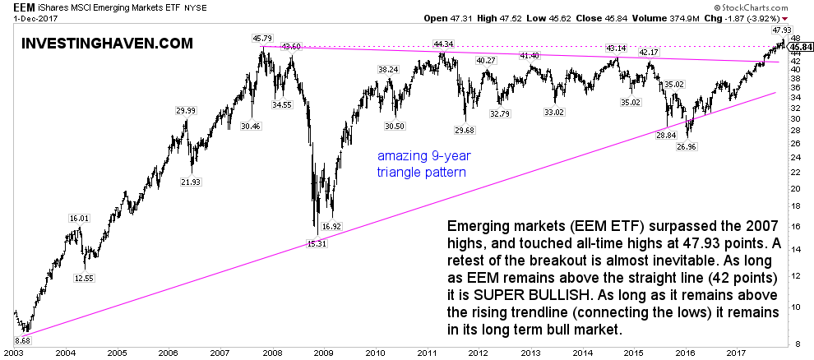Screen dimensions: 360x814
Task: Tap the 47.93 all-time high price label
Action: click(x=781, y=30)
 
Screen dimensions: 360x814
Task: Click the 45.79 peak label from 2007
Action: click(x=262, y=37)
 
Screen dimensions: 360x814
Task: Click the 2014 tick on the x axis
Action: click(x=583, y=353)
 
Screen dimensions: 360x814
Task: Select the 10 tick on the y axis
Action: click(x=795, y=306)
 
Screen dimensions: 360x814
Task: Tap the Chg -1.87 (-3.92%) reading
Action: click(x=764, y=17)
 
